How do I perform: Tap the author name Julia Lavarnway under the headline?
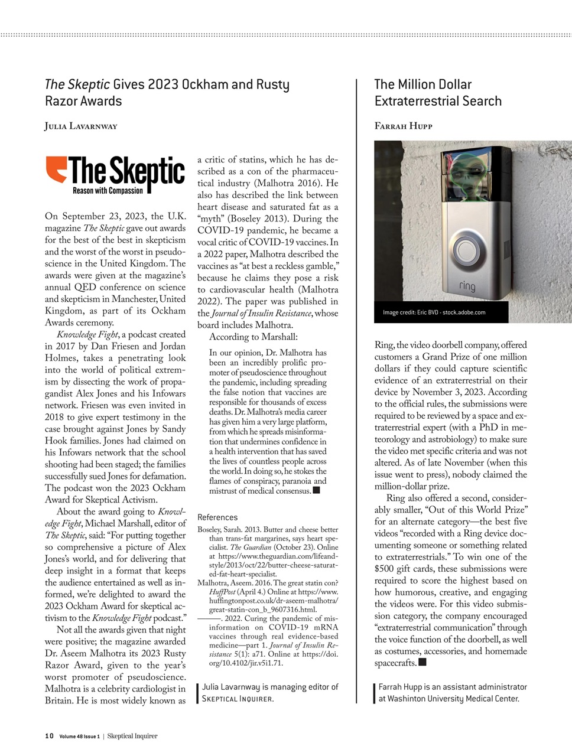coord(81,126)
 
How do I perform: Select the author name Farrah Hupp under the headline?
coord(403,126)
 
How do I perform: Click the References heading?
coord(217,517)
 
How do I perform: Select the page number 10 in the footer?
coord(49,736)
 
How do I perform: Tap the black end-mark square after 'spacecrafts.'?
coord(422,662)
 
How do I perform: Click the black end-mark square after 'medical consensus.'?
coord(316,490)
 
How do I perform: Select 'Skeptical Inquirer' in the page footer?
coord(132,736)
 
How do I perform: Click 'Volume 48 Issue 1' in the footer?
coord(79,737)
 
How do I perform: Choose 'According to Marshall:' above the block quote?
coord(253,337)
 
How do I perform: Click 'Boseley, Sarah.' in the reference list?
coord(226,530)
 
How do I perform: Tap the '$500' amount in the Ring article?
coord(386,569)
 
